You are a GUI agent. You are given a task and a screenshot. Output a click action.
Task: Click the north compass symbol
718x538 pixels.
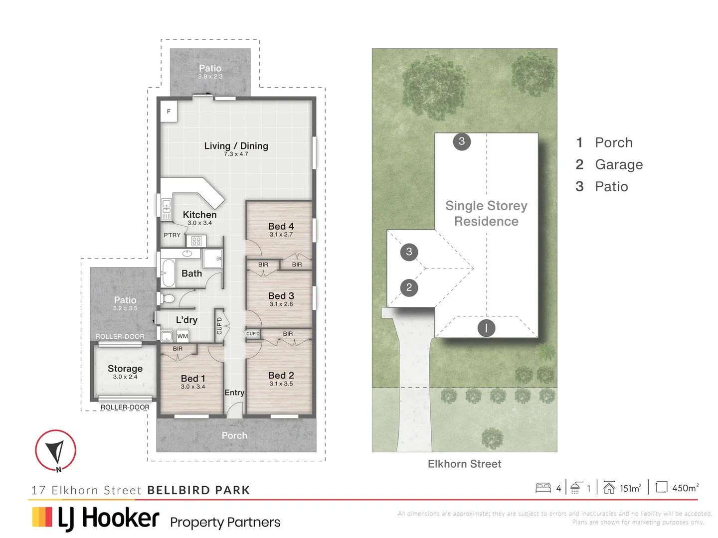coord(55,450)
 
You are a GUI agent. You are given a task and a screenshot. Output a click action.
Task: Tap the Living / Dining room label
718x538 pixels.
coord(236,146)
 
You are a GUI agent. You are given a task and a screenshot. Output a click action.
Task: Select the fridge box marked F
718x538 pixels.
coord(169,112)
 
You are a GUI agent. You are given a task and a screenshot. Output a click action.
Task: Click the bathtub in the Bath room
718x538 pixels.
coord(169,273)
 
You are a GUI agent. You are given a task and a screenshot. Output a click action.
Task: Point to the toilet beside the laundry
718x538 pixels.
coord(167,299)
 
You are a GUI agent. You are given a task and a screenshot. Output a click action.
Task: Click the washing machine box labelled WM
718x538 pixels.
coord(182,336)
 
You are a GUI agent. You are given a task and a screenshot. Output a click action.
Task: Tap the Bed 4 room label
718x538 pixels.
coord(281,226)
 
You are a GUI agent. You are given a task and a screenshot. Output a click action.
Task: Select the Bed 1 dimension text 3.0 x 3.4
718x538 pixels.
coord(193,387)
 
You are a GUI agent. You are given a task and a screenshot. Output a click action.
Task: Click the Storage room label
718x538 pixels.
coord(125,369)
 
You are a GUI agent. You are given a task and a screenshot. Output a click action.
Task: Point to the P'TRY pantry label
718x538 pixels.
coord(172,235)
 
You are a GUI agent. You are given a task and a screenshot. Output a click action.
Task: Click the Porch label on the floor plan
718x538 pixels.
coord(234,435)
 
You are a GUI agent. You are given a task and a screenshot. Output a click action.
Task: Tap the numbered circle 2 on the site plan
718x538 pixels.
coord(409,287)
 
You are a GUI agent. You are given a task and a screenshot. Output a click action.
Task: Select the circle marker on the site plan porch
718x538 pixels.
coord(486,328)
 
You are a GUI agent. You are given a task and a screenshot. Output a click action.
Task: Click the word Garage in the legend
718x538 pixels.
coord(619,164)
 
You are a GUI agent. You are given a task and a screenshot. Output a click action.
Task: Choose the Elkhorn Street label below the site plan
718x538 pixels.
coord(464,464)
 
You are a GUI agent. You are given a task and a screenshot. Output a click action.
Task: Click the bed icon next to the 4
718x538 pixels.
coord(543,488)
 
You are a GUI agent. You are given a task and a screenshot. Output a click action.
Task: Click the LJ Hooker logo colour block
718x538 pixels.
coord(42,517)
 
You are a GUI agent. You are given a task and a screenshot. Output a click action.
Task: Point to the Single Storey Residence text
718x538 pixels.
coord(486,213)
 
